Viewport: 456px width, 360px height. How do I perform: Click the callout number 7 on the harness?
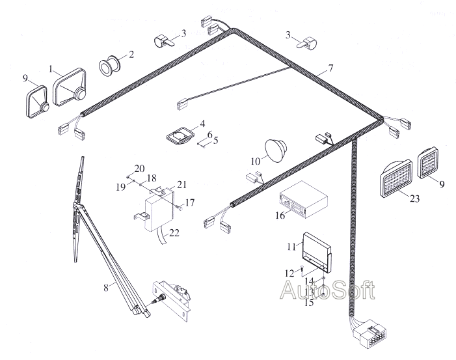pyautogui.click(x=330, y=68)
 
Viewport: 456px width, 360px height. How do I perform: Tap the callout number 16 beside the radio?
pyautogui.click(x=280, y=215)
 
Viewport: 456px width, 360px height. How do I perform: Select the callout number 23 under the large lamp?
pyautogui.click(x=415, y=199)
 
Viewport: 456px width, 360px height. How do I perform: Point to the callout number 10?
pyautogui.click(x=256, y=161)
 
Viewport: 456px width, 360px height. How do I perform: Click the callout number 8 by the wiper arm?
pyautogui.click(x=106, y=288)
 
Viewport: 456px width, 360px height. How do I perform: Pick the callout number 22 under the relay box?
pyautogui.click(x=174, y=233)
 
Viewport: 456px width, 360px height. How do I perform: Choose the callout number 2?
pyautogui.click(x=131, y=55)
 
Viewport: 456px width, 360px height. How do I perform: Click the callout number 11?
pyautogui.click(x=291, y=247)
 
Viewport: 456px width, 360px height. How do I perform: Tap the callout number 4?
pyautogui.click(x=202, y=124)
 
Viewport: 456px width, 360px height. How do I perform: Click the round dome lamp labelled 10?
pyautogui.click(x=276, y=150)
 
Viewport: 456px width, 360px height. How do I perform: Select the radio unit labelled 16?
pyautogui.click(x=303, y=200)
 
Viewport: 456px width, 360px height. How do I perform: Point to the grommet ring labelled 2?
pyautogui.click(x=109, y=65)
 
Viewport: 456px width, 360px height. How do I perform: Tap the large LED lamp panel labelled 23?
pyautogui.click(x=396, y=178)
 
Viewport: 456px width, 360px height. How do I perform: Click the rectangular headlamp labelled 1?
pyautogui.click(x=70, y=87)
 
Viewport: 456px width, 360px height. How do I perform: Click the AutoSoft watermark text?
pyautogui.click(x=327, y=290)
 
